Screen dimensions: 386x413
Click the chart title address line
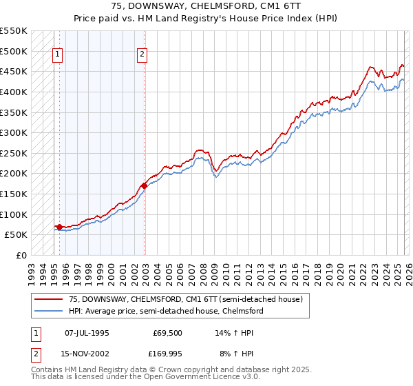[x=206, y=5]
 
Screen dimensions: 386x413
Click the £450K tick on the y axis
[x=14, y=71]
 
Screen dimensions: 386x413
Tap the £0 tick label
[x=21, y=255]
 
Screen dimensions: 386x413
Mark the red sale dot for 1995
[x=59, y=226]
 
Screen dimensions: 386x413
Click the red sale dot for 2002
[x=144, y=185]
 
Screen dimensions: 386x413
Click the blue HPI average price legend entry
[x=166, y=311]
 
